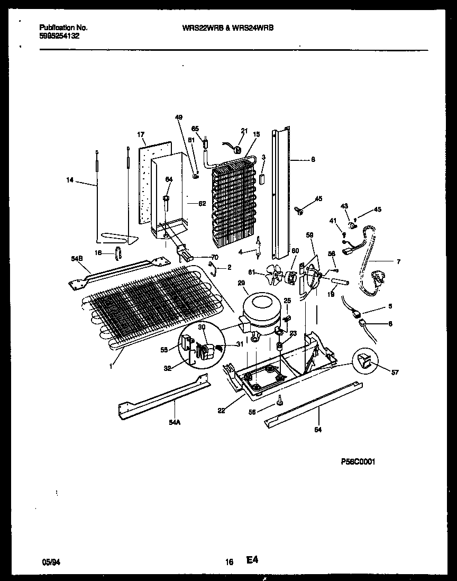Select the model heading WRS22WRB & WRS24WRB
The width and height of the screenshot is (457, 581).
click(x=227, y=28)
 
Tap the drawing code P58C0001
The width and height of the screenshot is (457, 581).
click(x=358, y=462)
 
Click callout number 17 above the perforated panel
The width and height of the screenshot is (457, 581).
click(x=141, y=135)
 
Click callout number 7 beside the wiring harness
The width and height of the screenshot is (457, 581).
click(x=398, y=261)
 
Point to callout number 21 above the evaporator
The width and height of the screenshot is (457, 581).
click(x=244, y=131)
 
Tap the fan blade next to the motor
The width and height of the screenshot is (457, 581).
click(x=277, y=274)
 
